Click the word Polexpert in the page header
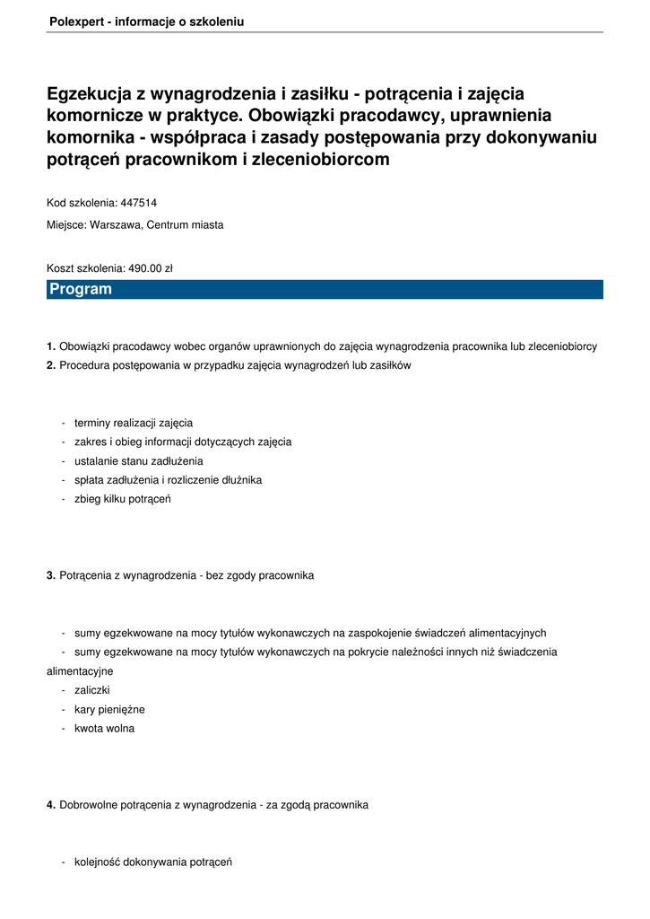point(75,22)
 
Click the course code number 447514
point(138,203)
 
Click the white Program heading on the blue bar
point(81,290)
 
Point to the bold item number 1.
point(51,346)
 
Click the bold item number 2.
point(51,365)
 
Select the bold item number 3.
point(51,575)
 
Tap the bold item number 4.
point(51,806)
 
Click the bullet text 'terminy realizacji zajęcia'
point(134,423)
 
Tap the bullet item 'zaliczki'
point(92,690)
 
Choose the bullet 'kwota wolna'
point(105,729)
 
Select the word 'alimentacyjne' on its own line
point(80,671)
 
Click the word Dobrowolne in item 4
point(88,806)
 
